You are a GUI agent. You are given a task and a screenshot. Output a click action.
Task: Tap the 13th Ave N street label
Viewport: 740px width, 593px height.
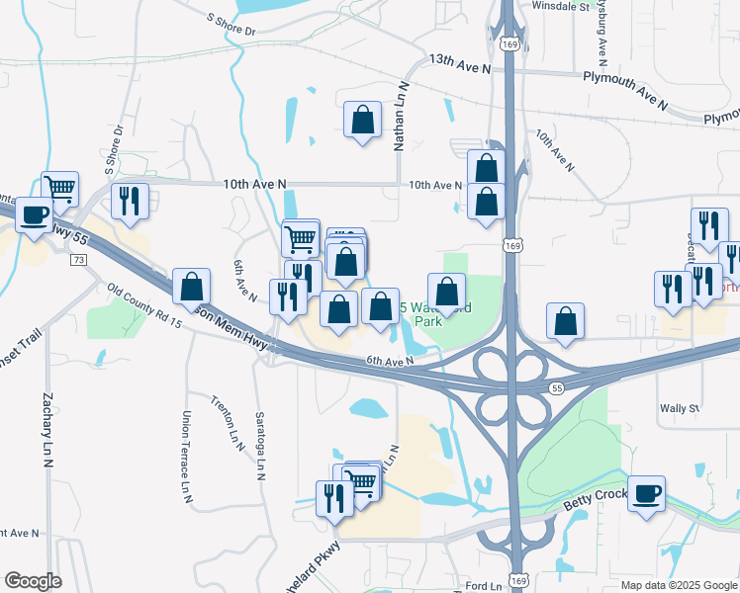click(460, 62)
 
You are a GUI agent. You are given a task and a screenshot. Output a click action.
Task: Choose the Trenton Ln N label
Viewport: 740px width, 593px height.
click(228, 423)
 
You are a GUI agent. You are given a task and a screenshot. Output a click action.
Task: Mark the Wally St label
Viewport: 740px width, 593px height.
click(680, 407)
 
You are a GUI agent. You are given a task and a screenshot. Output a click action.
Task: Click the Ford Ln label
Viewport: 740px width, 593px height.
click(482, 586)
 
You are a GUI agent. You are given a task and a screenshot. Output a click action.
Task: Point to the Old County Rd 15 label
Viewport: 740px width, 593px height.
click(145, 306)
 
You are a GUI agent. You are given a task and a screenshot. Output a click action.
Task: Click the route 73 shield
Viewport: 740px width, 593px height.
click(79, 259)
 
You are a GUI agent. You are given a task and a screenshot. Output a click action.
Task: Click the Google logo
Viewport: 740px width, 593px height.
click(33, 580)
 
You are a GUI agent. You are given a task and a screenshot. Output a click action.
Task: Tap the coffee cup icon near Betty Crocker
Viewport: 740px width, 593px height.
click(647, 493)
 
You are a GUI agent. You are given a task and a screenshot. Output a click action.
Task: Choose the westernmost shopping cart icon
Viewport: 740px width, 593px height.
click(60, 188)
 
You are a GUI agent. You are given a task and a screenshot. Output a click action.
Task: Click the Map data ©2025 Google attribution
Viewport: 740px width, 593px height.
click(679, 585)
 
